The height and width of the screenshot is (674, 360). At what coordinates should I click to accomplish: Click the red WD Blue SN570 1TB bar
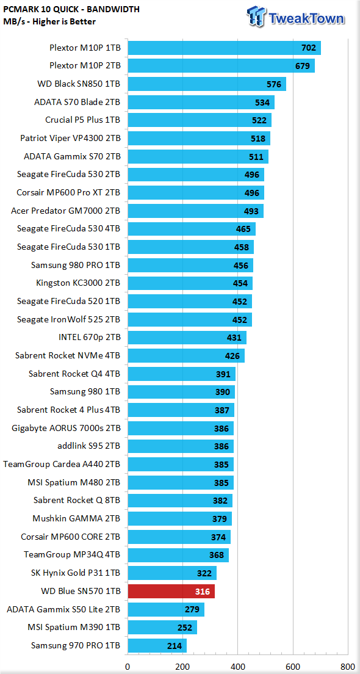click(171, 592)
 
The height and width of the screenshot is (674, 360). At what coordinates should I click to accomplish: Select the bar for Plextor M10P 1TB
click(225, 48)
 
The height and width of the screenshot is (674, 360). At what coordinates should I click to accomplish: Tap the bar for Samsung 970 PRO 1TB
click(157, 646)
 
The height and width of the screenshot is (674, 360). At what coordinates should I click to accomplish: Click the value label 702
click(309, 48)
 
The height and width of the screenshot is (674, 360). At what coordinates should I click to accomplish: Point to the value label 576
click(273, 84)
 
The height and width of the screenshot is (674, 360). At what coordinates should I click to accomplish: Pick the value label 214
click(174, 646)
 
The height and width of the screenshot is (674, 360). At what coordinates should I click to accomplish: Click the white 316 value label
click(202, 592)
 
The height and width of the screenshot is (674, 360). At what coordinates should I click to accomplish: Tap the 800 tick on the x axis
click(347, 667)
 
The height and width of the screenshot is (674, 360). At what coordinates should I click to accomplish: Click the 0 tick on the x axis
click(128, 667)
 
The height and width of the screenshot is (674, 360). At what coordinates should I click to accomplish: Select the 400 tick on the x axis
click(237, 667)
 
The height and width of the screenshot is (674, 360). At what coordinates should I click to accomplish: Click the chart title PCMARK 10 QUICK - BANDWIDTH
click(71, 9)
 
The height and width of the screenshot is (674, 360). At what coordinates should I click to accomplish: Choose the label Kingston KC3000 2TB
click(79, 283)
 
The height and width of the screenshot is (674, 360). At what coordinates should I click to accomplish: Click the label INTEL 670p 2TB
click(89, 337)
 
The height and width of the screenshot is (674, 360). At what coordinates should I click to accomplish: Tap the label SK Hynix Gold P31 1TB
click(76, 573)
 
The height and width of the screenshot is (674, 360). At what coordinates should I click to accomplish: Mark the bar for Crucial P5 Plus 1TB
click(200, 120)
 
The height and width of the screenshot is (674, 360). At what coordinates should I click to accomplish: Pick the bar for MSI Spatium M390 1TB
click(162, 628)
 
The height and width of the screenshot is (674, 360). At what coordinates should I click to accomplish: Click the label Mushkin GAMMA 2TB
click(76, 520)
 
